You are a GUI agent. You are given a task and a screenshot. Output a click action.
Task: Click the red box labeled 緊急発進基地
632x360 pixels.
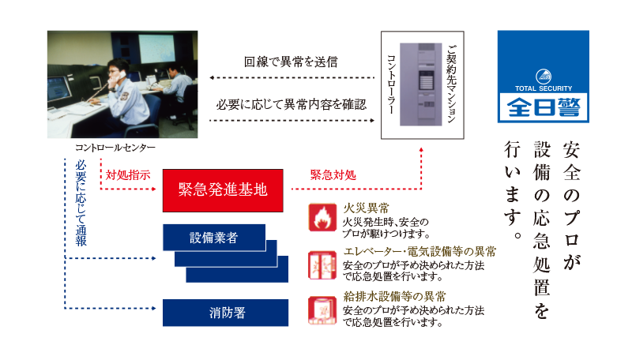click(x=223, y=189)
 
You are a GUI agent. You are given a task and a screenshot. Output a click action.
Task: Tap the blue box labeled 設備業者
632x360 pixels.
click(x=213, y=237)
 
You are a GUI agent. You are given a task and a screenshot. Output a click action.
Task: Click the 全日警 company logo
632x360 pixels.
click(x=544, y=77)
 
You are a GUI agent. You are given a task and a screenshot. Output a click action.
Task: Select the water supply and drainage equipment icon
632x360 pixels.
click(x=322, y=310)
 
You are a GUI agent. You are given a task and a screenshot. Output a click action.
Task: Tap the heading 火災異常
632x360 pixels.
click(x=366, y=209)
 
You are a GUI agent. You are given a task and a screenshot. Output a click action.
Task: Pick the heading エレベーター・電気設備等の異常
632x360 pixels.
click(x=419, y=252)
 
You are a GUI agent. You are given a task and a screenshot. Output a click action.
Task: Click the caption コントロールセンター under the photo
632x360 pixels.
click(x=115, y=148)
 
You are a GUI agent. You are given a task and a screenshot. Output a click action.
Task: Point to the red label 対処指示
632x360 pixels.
click(x=128, y=174)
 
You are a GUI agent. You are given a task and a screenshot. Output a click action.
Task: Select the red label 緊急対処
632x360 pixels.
click(x=333, y=174)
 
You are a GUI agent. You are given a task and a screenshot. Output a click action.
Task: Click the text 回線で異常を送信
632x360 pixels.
click(x=292, y=62)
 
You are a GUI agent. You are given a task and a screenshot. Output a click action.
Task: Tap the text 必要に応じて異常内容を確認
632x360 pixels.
click(x=292, y=103)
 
